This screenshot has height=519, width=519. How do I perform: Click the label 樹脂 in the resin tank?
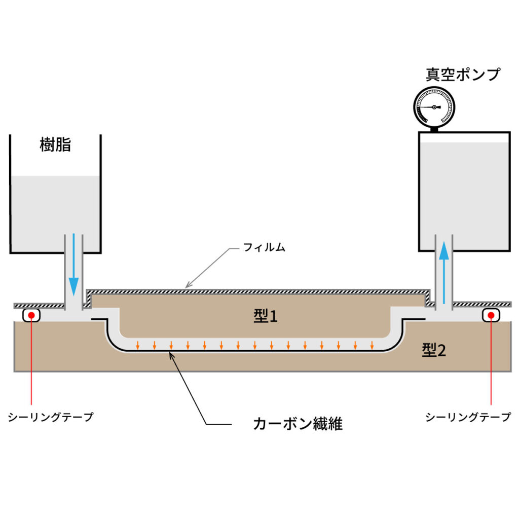[55, 145]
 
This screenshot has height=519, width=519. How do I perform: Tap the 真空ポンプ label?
[462, 75]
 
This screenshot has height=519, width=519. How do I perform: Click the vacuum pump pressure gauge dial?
[434, 107]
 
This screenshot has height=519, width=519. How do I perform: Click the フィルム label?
[264, 248]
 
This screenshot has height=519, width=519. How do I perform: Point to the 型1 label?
[266, 317]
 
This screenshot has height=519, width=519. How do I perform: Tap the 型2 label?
[434, 350]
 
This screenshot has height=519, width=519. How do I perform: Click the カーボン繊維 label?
[298, 424]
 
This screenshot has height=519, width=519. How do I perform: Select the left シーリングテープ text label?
[51, 417]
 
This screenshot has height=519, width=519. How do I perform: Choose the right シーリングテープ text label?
[468, 417]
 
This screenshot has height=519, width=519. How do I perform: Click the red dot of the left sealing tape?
[31, 315]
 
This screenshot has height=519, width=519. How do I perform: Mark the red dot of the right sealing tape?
[491, 315]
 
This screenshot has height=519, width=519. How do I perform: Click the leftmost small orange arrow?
[138, 346]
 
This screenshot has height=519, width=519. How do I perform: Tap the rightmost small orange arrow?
[372, 346]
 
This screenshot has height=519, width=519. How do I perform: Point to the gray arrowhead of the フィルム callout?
[188, 285]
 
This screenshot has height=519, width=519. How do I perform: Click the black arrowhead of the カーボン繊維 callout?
[171, 355]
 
